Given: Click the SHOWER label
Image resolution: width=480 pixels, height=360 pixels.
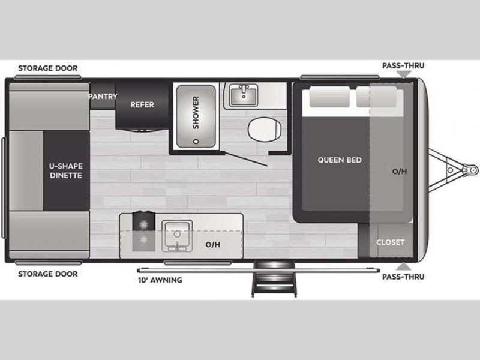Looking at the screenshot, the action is click(196, 112).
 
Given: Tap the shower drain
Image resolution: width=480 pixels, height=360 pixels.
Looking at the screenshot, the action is click(196, 142).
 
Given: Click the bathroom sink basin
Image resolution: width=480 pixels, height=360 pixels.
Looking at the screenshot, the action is click(244, 95).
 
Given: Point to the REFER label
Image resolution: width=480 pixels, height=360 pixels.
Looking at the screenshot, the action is click(142, 104).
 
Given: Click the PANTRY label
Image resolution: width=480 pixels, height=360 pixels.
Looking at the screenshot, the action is click(103, 97).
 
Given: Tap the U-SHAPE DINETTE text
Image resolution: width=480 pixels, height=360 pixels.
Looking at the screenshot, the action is click(66, 171).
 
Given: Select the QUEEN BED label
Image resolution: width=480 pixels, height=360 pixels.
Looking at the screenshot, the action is click(340, 160).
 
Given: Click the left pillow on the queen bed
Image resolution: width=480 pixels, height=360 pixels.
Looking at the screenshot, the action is click(329, 97).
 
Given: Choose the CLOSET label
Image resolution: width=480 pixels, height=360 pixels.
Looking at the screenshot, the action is click(391, 242).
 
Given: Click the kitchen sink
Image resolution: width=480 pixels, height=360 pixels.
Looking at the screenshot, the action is click(177, 236).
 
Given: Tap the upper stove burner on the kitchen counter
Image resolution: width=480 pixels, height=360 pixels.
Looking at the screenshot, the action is click(143, 225).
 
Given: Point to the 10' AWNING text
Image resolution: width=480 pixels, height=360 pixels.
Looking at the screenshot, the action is click(160, 280).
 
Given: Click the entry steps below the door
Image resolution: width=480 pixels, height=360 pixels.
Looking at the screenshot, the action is click(274, 278).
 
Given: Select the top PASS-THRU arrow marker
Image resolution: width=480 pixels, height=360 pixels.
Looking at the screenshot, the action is click(404, 74).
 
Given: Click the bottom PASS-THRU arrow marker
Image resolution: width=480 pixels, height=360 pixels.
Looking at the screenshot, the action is click(404, 266).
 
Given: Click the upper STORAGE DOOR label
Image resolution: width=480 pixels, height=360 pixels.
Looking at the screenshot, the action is click(48, 68).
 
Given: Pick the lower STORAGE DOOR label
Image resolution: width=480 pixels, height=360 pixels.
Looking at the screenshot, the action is click(48, 274).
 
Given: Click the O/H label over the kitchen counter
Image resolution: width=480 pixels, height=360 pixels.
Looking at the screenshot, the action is click(213, 245).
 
